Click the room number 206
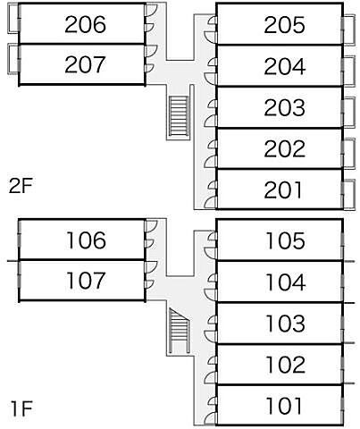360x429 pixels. point(85,24)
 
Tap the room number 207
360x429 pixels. point(85,64)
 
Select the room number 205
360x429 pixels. point(285,25)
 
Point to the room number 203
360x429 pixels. point(285,107)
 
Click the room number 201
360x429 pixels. point(283,190)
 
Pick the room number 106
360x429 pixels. point(86,240)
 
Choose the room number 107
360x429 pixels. point(86,281)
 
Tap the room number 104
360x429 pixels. point(286,282)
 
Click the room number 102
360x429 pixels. point(286,365)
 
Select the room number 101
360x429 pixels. point(284,406)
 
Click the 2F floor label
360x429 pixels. point(21,187)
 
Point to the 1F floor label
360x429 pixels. point(21,408)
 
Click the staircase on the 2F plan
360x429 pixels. point(179,116)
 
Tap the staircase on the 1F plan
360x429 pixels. point(179,331)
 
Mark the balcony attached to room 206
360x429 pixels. point(13,18)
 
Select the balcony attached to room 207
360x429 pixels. point(13,59)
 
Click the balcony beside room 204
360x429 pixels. point(348,71)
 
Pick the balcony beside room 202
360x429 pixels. point(348,154)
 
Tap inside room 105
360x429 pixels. point(239,240)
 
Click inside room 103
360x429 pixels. point(239,324)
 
